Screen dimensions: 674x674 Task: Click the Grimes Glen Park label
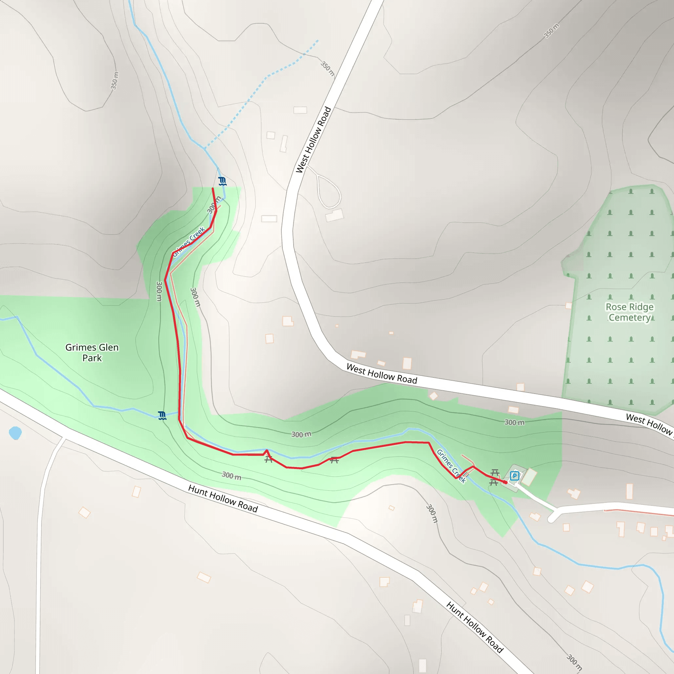[x=92, y=352]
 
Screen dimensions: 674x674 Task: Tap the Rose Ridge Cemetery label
[x=629, y=312]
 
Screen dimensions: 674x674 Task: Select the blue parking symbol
[x=514, y=476]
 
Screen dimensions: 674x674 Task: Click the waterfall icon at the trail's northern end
[x=222, y=181]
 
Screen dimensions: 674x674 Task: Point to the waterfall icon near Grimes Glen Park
[x=162, y=416]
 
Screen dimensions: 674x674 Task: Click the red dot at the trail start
[x=505, y=482]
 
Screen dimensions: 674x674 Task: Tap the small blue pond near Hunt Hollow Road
[x=15, y=433]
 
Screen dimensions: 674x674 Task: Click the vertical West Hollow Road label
[x=313, y=140]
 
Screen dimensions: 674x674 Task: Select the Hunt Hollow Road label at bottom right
[x=475, y=627]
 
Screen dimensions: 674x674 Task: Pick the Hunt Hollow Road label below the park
[x=223, y=499]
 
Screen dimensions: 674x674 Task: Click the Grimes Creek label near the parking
[x=451, y=466]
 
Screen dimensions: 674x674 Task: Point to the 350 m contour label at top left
[x=115, y=81]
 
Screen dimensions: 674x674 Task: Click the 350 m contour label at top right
[x=551, y=31]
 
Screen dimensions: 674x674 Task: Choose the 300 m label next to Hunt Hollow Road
[x=231, y=475]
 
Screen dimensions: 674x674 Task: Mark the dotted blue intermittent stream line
[x=265, y=79]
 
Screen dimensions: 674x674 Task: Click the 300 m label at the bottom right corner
[x=574, y=662]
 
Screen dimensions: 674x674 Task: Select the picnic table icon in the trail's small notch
[x=268, y=459]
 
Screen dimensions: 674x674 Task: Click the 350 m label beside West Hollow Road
[x=327, y=69]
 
